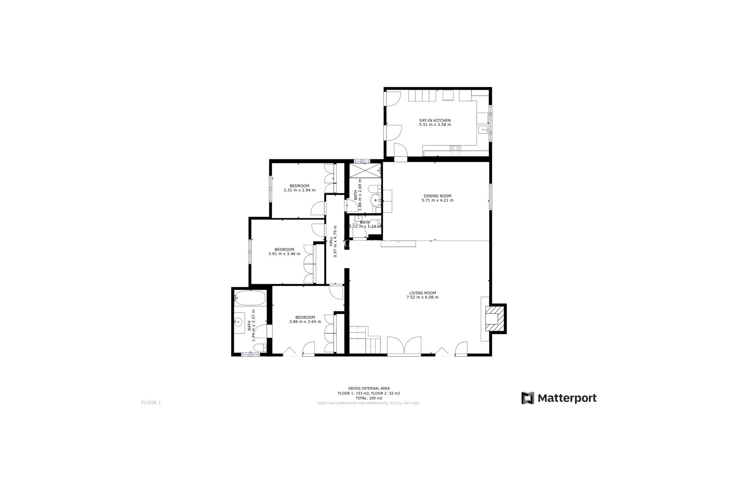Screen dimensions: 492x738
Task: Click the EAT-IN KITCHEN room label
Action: (435, 120)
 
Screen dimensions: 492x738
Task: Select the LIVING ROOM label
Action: (422, 293)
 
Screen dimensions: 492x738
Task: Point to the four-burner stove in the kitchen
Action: (455, 151)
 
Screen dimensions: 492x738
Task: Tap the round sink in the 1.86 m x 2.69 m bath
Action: (375, 200)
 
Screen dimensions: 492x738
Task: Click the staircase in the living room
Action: (364, 339)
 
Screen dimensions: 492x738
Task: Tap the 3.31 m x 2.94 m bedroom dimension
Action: (299, 190)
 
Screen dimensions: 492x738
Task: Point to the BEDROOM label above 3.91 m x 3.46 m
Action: (284, 249)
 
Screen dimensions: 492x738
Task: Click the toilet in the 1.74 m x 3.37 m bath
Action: (259, 347)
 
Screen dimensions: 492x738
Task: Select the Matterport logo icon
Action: (528, 398)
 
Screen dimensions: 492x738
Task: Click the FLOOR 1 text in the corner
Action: (151, 403)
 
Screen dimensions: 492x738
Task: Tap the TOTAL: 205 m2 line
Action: (369, 398)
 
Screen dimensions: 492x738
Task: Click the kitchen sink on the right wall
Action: (482, 130)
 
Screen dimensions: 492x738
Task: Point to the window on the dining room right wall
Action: (490, 197)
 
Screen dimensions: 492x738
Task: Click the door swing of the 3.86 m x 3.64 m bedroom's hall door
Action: (336, 293)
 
